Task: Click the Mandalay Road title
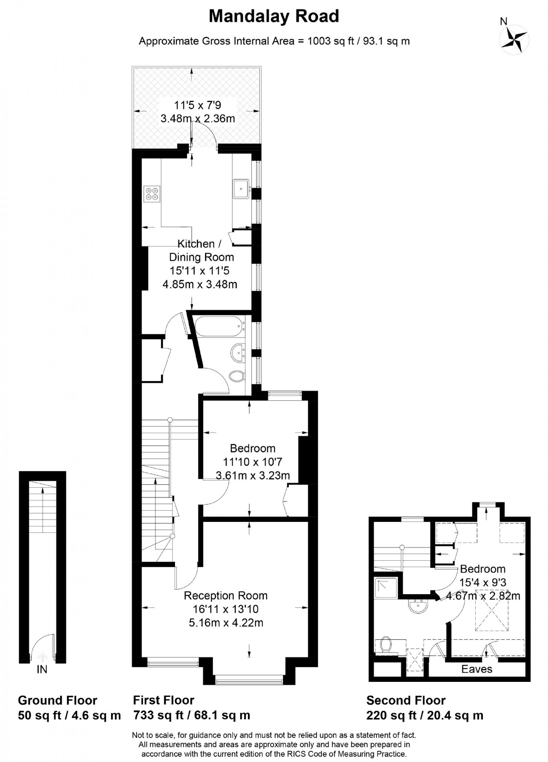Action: [274, 16]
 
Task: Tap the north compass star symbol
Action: [514, 40]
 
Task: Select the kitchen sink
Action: [241, 188]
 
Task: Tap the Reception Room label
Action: [225, 596]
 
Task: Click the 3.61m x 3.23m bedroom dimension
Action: [253, 475]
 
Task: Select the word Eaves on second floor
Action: [476, 669]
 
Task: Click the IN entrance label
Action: [42, 669]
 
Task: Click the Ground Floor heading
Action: [58, 701]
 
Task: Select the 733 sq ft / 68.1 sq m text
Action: [191, 715]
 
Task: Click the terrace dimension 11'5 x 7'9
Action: [196, 105]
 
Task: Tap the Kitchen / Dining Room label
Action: [201, 250]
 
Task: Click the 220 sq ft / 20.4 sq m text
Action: [424, 715]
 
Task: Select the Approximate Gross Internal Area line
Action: [274, 41]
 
